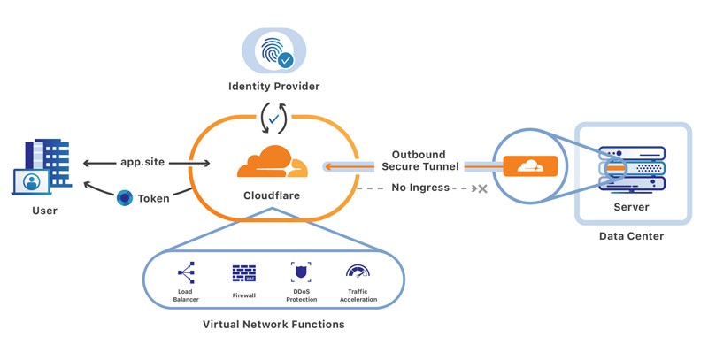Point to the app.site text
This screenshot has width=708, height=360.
click(144, 163)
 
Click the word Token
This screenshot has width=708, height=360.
click(153, 198)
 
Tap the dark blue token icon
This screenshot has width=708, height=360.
click(125, 198)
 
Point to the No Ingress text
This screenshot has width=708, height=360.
click(421, 188)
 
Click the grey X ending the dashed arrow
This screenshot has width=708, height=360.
click(482, 188)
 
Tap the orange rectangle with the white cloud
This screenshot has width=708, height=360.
click(530, 165)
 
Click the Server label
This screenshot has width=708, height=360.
click(631, 207)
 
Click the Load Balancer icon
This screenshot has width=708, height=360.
click(186, 272)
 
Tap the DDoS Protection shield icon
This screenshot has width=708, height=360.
click(301, 272)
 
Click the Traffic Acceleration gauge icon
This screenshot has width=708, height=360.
click(358, 272)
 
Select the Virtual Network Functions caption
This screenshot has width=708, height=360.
click(273, 325)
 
